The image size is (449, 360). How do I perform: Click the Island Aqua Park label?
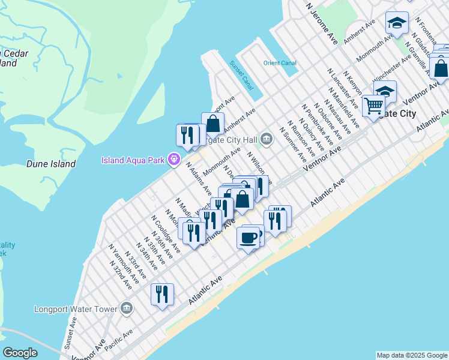[134, 160]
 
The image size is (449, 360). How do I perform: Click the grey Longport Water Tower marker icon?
[127, 309]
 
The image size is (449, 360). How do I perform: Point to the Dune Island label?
[51, 164]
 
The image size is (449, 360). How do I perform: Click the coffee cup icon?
[248, 238]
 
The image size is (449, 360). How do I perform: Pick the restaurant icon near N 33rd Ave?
[162, 294]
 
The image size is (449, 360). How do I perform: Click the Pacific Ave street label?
[119, 340]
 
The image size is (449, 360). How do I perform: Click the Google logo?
[20, 353]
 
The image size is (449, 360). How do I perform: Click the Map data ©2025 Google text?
[412, 355]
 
